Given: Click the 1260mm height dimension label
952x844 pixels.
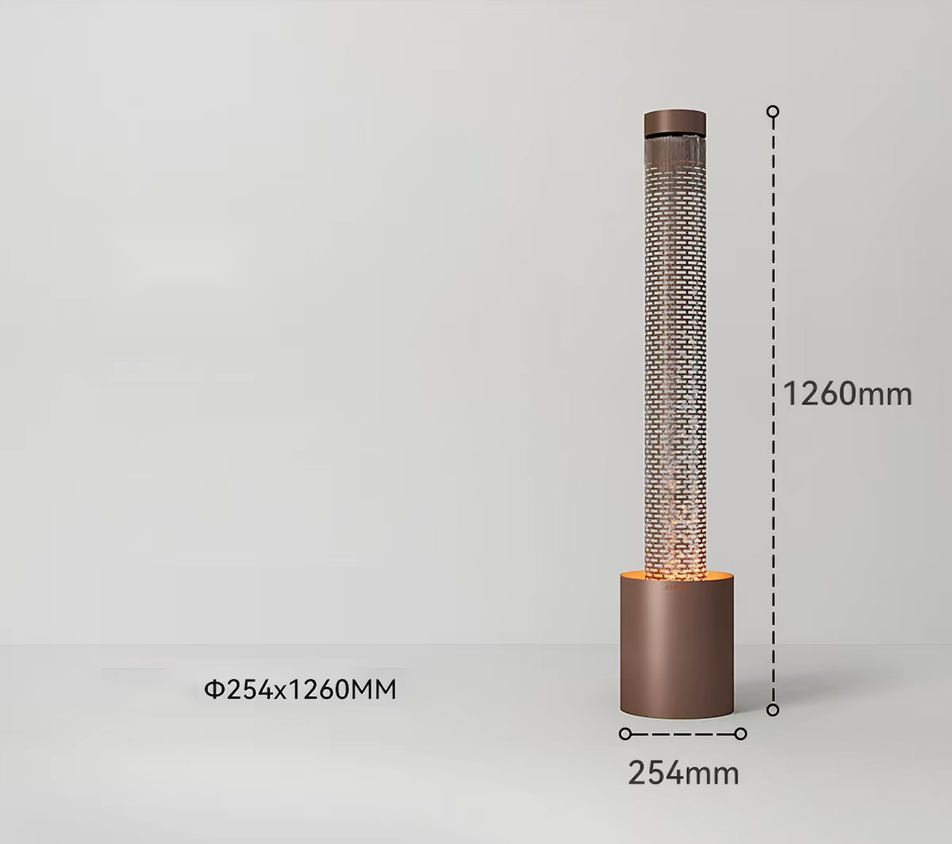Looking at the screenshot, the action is (847, 393).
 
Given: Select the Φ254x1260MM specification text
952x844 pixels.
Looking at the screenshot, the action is (300, 690).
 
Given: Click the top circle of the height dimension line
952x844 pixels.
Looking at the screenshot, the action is (773, 112).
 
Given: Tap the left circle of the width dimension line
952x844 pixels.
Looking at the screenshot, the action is (625, 734).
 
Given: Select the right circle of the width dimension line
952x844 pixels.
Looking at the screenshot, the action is (740, 734).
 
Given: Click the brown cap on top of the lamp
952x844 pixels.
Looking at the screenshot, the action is (675, 123).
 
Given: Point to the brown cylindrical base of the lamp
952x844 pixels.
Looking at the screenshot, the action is (677, 651).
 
